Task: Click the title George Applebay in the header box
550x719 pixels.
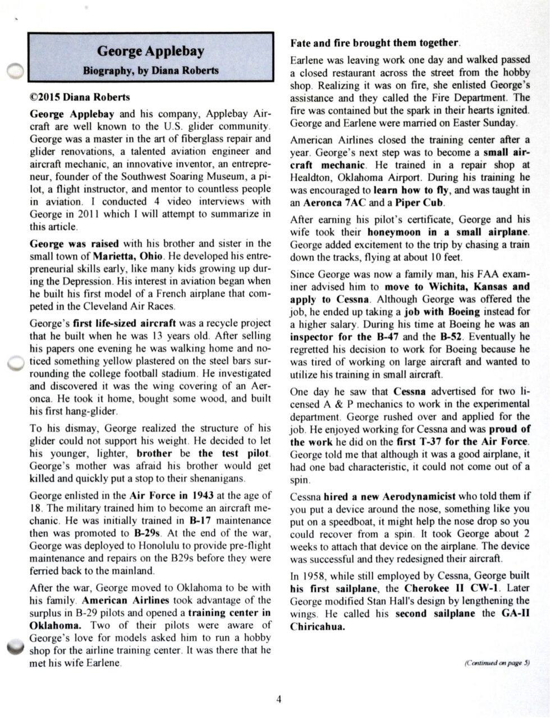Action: [150, 52]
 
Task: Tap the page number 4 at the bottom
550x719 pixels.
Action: [279, 699]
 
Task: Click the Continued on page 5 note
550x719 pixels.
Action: [497, 662]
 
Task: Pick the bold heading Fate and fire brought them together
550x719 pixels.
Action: [375, 43]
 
